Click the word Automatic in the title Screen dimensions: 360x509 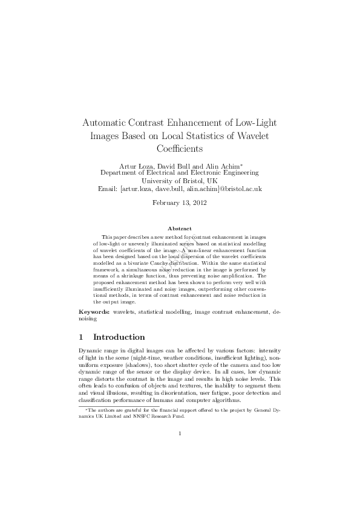(106, 122)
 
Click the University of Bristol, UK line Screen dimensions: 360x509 (179, 180)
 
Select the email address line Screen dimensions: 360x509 (179, 189)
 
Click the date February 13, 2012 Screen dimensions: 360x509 (179, 203)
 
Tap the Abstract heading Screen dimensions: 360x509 (179, 229)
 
